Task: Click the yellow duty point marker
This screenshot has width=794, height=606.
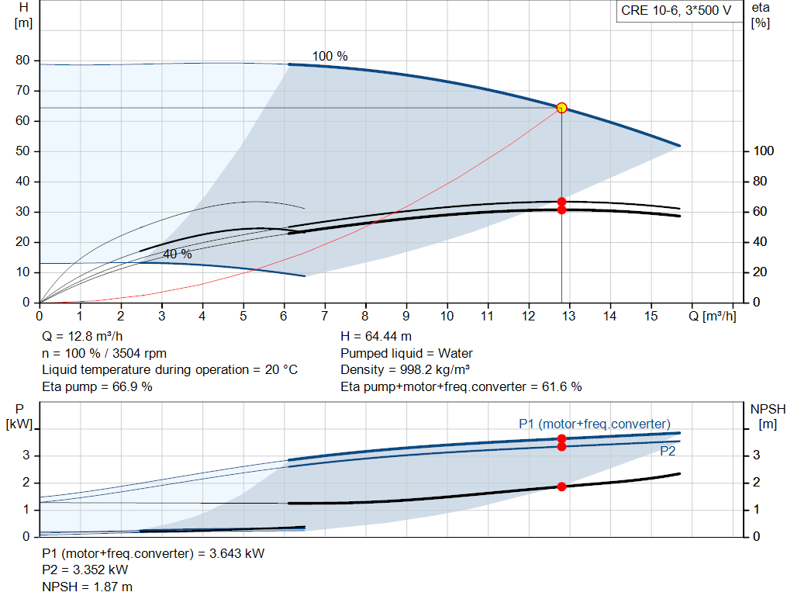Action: point(561,108)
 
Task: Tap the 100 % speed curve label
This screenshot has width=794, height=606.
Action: point(330,56)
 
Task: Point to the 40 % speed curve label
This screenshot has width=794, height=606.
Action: point(178,254)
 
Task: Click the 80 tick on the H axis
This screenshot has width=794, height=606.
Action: point(22,61)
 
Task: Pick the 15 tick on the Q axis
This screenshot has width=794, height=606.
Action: point(651,316)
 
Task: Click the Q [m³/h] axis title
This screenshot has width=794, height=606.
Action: point(713,316)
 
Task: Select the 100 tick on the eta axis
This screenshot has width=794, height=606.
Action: point(764,151)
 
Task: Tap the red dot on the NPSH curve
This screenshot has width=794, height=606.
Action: point(561,487)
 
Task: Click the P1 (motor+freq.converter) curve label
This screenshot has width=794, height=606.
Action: point(595,424)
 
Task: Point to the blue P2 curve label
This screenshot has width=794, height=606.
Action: point(668,451)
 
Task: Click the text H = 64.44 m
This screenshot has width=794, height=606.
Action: point(376,336)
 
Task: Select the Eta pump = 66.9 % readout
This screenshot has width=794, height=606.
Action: point(97,386)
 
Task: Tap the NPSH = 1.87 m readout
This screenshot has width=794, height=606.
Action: point(87,587)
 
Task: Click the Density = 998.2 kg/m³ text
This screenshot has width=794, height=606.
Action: point(405,369)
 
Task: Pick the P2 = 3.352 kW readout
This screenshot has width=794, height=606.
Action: point(85,570)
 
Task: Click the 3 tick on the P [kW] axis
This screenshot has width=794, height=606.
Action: point(26,455)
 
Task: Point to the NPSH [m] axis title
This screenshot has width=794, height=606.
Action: point(768,416)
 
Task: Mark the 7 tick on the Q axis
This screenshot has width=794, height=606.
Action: point(324,316)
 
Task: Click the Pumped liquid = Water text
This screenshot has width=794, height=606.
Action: point(406,353)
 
